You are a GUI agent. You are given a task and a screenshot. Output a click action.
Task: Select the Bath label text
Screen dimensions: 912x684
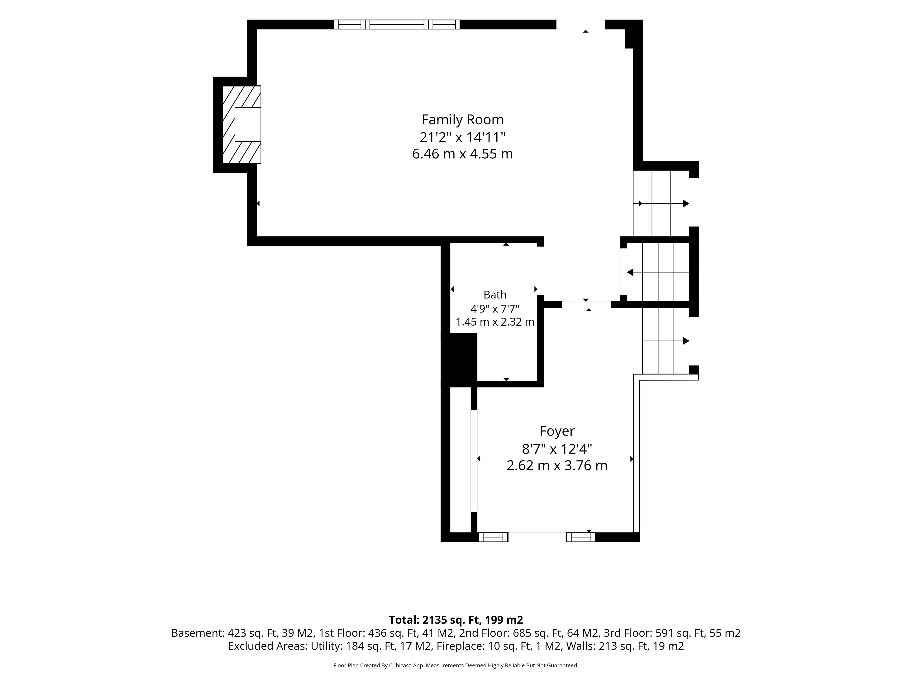tap(495, 295)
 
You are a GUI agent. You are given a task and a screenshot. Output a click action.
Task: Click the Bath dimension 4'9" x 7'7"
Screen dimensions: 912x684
tap(495, 309)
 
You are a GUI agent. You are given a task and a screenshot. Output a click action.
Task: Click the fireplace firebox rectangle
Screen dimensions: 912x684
tap(248, 124)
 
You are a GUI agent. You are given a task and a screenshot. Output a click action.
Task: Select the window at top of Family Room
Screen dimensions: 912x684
tap(397, 24)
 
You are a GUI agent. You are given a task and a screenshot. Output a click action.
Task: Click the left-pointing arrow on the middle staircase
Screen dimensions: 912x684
tap(658, 272)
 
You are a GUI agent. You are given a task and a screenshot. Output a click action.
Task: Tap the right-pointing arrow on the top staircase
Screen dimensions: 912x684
tap(664, 203)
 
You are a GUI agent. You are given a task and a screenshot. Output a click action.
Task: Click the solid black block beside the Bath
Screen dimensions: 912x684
tap(459, 360)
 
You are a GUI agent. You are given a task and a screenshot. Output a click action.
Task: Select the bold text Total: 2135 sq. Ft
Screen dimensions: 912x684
tap(433, 620)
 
